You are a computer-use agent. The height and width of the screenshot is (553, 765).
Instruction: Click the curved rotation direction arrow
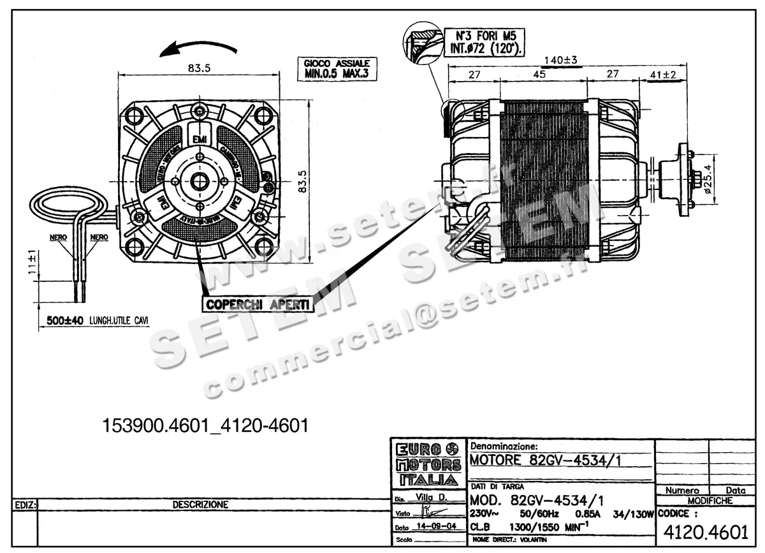(199, 48)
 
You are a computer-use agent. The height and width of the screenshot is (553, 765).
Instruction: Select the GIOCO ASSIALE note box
(336, 70)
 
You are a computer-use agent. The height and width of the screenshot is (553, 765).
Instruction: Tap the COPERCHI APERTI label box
(258, 304)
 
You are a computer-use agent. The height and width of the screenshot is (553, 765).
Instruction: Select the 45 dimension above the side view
(539, 75)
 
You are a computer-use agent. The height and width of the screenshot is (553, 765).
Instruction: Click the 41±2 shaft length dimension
(663, 75)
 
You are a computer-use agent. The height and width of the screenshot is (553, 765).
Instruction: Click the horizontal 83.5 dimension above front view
(200, 69)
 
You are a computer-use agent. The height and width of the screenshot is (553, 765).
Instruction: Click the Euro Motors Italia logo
(428, 464)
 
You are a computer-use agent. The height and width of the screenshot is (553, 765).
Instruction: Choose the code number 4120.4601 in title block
(706, 531)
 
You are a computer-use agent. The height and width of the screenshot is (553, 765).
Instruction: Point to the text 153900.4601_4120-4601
(206, 425)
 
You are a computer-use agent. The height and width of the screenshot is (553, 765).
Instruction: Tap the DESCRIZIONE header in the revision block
(200, 505)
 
